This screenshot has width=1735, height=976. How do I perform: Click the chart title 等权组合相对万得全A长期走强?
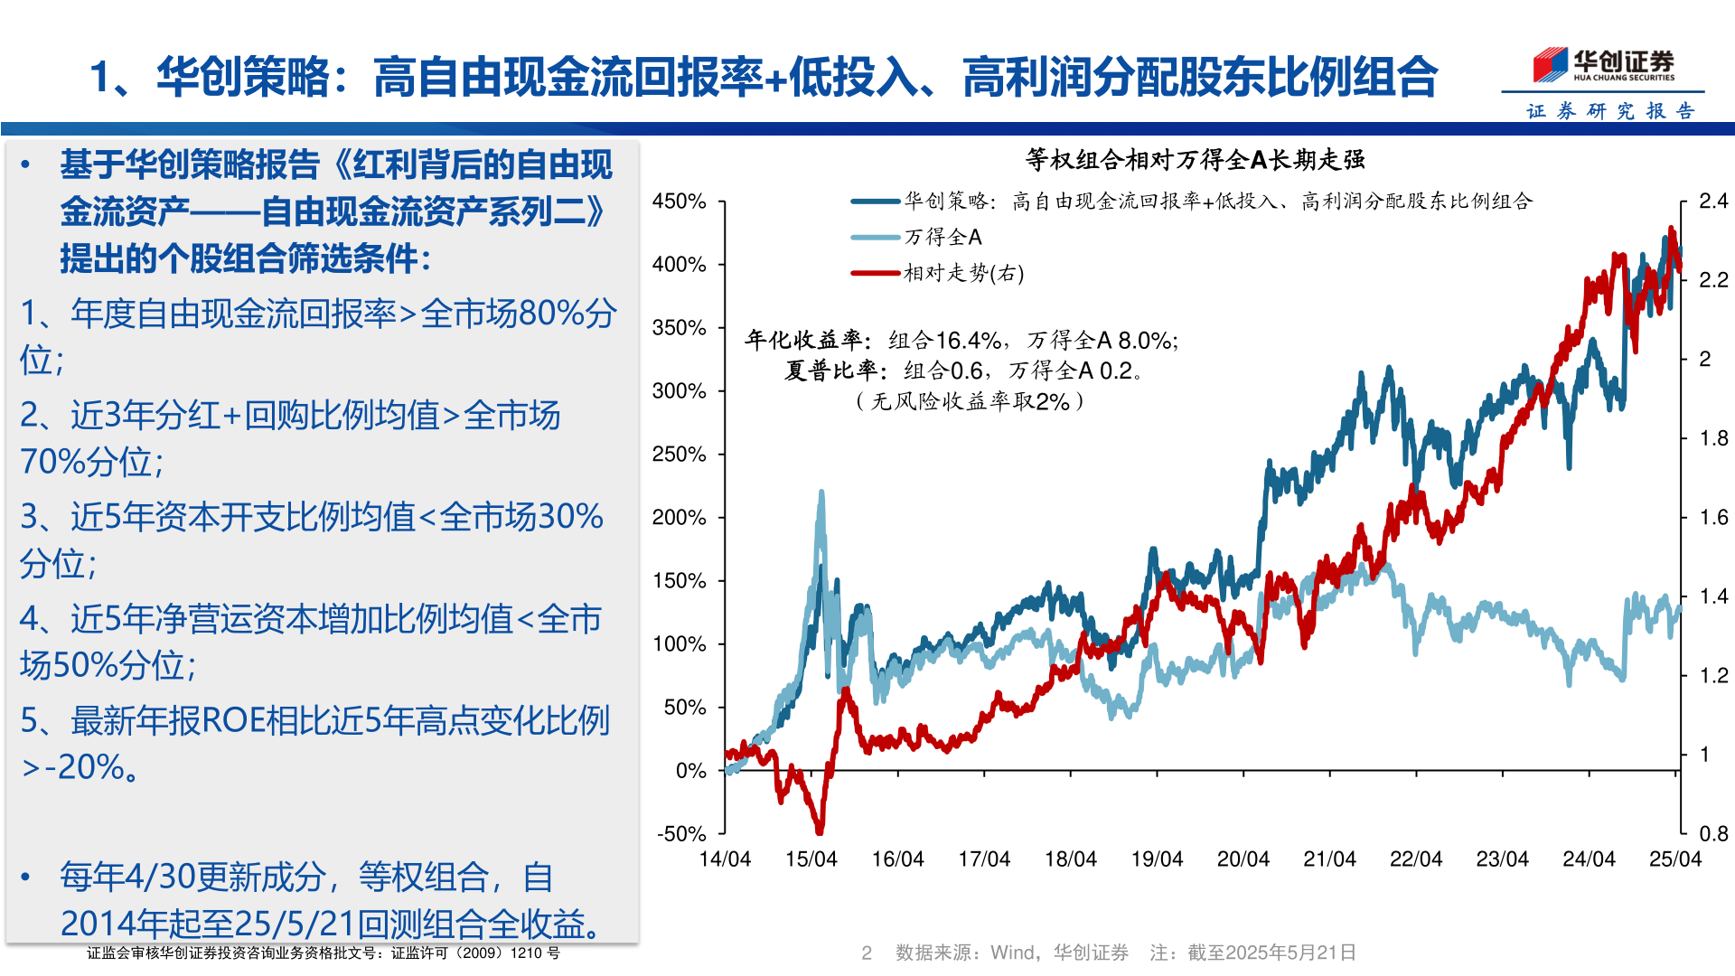tap(1195, 160)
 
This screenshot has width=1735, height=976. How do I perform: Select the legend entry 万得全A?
tap(943, 237)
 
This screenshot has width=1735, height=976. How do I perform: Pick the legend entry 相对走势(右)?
tap(963, 273)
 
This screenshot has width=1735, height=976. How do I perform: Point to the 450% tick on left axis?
tap(679, 202)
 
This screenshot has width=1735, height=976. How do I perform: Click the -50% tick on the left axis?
tap(681, 833)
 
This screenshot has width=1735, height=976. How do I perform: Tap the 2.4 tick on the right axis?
tap(1713, 201)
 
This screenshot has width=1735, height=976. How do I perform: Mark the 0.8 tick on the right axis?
tap(1713, 833)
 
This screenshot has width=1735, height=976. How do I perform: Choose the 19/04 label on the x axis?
tap(1157, 859)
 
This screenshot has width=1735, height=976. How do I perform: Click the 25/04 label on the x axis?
tap(1674, 859)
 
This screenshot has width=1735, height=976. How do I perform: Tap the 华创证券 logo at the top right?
tap(1603, 65)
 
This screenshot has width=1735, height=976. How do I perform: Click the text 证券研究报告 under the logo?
tap(1610, 111)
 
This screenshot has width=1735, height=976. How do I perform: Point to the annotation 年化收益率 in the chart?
tap(807, 340)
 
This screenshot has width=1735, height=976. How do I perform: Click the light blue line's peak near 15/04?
tap(821, 493)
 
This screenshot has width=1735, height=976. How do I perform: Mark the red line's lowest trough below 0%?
tap(820, 830)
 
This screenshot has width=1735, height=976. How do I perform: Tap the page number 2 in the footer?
tap(866, 953)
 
